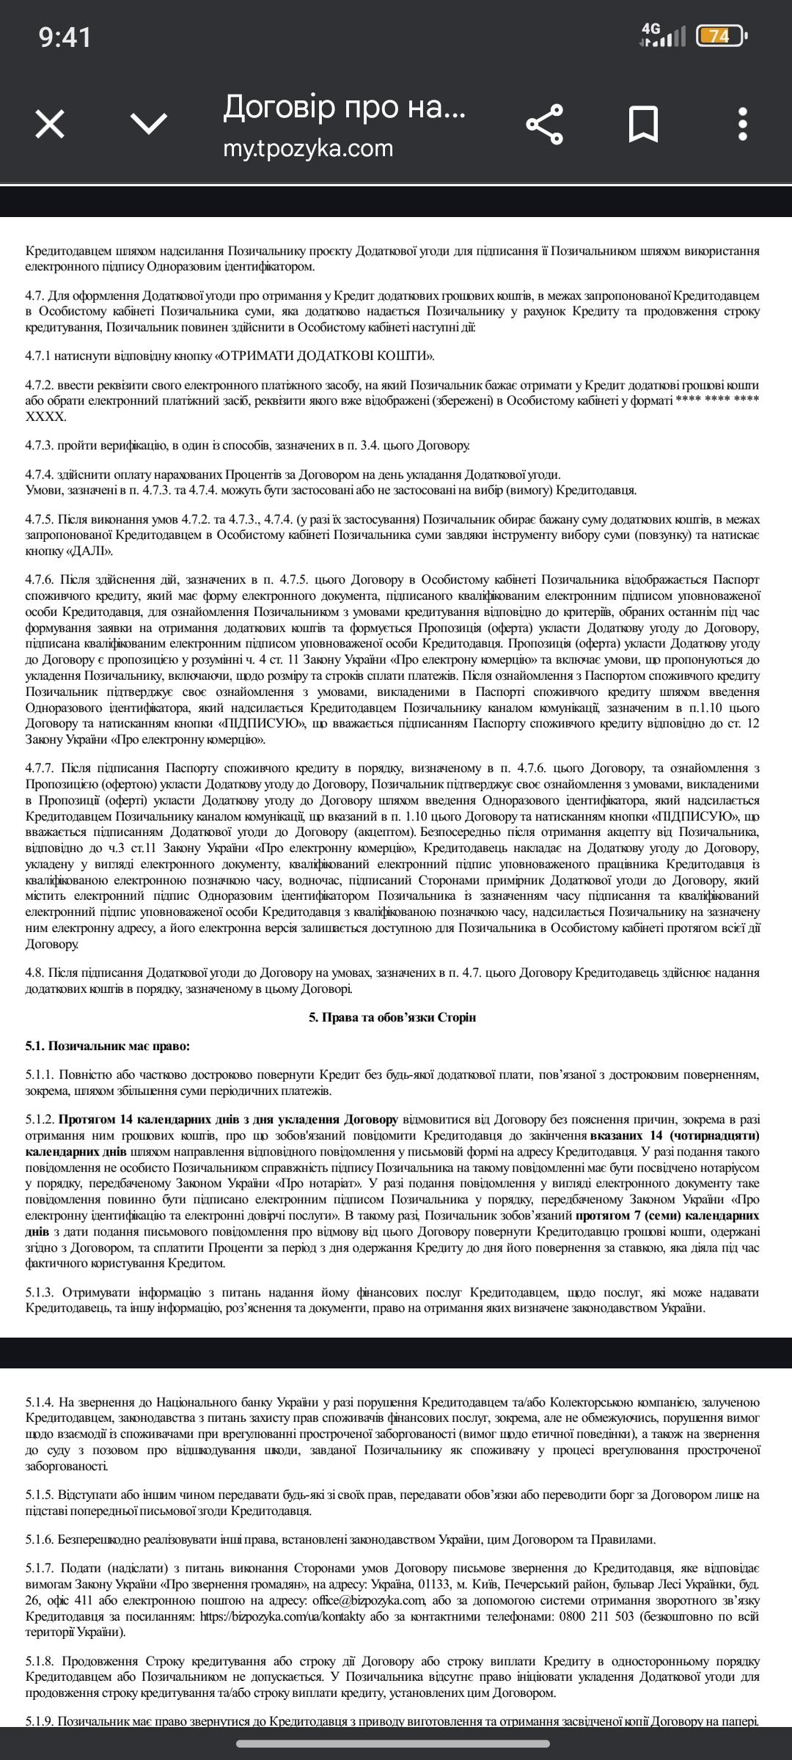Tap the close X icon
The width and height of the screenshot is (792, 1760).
(x=50, y=124)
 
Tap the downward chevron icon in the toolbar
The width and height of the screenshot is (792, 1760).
(x=149, y=124)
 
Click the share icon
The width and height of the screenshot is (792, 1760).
(x=545, y=124)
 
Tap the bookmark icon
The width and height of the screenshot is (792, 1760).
(x=643, y=124)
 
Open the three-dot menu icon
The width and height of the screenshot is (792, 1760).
(x=743, y=124)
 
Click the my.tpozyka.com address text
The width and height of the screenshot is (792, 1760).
(x=308, y=148)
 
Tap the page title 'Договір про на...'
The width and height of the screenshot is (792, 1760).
(x=344, y=107)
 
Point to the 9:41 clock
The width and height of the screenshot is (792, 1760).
(x=65, y=37)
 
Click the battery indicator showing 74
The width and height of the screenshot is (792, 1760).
(x=720, y=36)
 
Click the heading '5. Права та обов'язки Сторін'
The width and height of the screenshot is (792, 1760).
(x=392, y=1017)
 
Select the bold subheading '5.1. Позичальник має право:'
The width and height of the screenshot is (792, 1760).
(x=107, y=1046)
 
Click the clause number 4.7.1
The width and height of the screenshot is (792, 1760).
(x=39, y=356)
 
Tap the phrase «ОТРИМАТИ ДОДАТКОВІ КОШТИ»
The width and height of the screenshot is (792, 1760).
(x=323, y=356)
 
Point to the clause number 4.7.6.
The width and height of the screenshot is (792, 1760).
(x=40, y=579)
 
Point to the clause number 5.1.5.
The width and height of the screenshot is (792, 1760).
(x=40, y=1495)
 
